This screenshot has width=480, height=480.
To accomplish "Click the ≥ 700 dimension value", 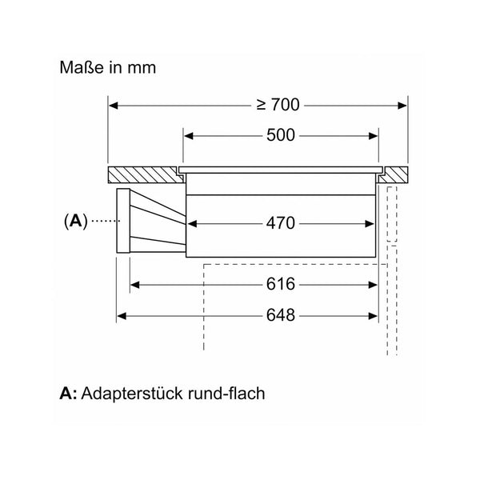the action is pyautogui.click(x=278, y=105).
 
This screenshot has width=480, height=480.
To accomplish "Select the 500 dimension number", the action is pyautogui.click(x=281, y=135).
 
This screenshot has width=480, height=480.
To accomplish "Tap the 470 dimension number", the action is pyautogui.click(x=281, y=223).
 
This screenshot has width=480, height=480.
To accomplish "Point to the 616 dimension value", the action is pyautogui.click(x=281, y=284).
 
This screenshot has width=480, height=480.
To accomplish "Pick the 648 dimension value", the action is pyautogui.click(x=281, y=315).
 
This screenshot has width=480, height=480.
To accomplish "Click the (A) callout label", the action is pyautogui.click(x=76, y=221).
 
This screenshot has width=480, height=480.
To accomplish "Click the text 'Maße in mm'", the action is pyautogui.click(x=108, y=67).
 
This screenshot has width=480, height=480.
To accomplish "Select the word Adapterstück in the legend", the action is pyautogui.click(x=132, y=394).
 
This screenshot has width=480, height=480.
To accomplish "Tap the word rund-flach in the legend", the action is pyautogui.click(x=226, y=393).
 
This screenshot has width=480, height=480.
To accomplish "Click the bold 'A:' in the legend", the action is pyautogui.click(x=68, y=394).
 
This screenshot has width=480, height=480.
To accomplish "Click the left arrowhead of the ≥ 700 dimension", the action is pyautogui.click(x=114, y=106).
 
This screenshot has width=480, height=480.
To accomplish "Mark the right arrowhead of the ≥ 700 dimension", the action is pyautogui.click(x=402, y=106).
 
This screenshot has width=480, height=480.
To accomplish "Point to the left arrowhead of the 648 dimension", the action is pyautogui.click(x=122, y=316).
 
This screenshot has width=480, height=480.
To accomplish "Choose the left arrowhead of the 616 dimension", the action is pyautogui.click(x=135, y=285).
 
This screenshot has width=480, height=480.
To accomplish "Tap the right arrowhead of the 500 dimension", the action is pyautogui.click(x=373, y=136).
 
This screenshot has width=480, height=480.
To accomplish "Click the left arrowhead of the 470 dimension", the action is pyautogui.click(x=192, y=224).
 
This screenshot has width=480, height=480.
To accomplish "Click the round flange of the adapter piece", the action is pyautogui.click(x=123, y=221).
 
